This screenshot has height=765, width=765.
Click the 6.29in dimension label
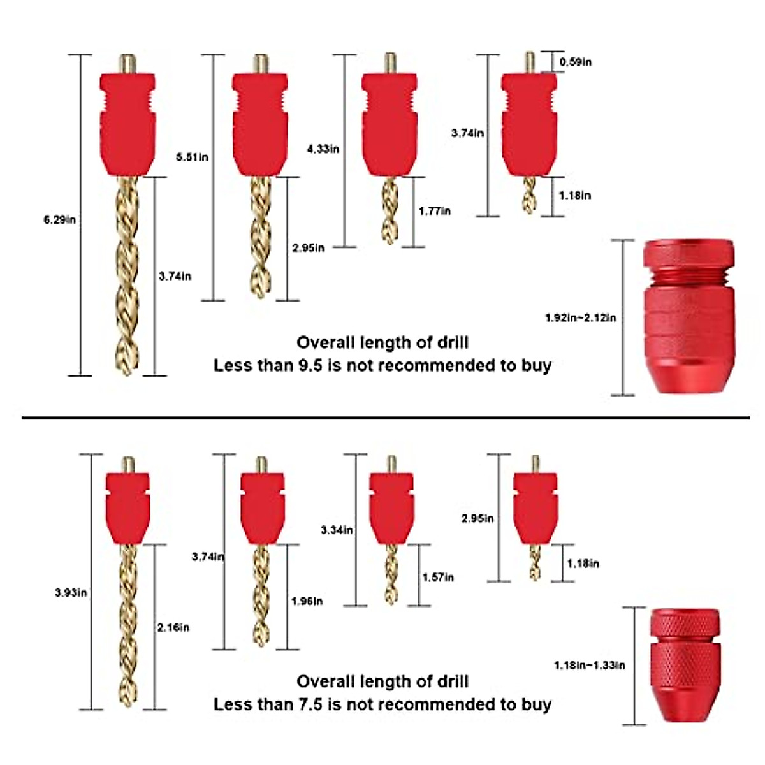point(59,220)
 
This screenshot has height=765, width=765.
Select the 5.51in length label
point(192,157)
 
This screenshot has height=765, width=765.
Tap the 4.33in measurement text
point(323,149)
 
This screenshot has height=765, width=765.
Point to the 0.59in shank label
point(575,62)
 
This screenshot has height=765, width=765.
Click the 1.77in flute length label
point(435,211)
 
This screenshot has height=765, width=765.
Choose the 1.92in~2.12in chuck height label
point(580,317)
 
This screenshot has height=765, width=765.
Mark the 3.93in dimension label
point(71,593)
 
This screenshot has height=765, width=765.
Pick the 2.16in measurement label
point(173,628)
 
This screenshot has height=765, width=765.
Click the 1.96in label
point(307,601)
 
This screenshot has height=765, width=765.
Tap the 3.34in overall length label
point(337,530)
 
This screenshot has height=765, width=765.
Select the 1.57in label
point(438,578)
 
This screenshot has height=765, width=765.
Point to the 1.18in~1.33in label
point(589,666)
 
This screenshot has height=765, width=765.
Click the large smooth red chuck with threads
point(688,317)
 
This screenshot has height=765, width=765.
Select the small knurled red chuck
point(685,666)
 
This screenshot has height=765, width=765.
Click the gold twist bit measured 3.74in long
point(127,275)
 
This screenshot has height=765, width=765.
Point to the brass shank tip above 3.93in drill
point(127,464)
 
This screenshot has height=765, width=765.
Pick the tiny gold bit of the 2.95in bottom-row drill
point(534,562)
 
